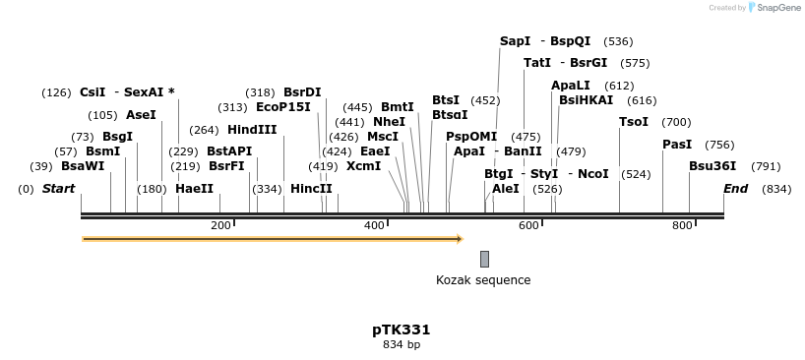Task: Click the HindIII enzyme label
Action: pyautogui.click(x=252, y=130)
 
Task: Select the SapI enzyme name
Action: pyautogui.click(x=515, y=41)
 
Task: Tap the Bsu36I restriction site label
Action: pyautogui.click(x=712, y=166)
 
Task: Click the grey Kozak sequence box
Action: pyautogui.click(x=484, y=259)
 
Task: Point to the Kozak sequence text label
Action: pyautogui.click(x=483, y=280)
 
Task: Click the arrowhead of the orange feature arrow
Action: pyautogui.click(x=458, y=239)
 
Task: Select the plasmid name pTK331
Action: pyautogui.click(x=401, y=330)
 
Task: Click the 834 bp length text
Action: pyautogui.click(x=401, y=344)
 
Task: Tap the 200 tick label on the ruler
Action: pyautogui.click(x=220, y=225)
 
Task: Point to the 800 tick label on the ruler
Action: pyautogui.click(x=682, y=225)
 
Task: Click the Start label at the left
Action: pyautogui.click(x=58, y=189)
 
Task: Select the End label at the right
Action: pyautogui.click(x=735, y=189)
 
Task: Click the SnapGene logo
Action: pyautogui.click(x=774, y=8)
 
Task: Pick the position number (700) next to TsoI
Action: pyautogui.click(x=676, y=122)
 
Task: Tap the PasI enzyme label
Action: pyautogui.click(x=677, y=145)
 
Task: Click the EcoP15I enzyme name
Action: pyautogui.click(x=282, y=107)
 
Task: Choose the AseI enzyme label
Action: pyautogui.click(x=141, y=115)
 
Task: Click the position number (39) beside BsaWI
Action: pyautogui.click(x=40, y=166)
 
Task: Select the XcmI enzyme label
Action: pyautogui.click(x=364, y=166)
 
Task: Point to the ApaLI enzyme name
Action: pyautogui.click(x=571, y=86)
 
